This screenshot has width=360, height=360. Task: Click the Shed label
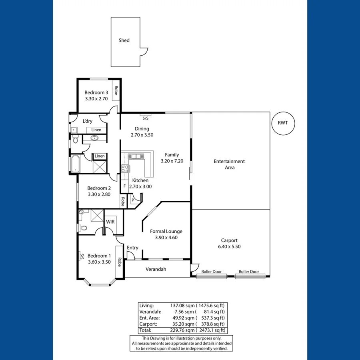124,40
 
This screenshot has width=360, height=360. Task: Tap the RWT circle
283,124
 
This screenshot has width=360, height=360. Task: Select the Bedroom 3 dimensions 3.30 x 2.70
96,98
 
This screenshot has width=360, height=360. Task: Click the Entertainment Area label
229,164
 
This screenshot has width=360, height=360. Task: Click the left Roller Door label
212,272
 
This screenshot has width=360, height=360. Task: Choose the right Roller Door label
249,272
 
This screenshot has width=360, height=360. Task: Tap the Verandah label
156,269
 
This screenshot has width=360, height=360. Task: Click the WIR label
110,222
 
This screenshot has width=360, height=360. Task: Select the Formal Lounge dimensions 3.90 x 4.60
166,238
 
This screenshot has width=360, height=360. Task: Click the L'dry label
88,121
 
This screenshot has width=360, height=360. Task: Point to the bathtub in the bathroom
75,164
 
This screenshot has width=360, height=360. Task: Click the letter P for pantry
132,200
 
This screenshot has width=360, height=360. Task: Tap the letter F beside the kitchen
124,186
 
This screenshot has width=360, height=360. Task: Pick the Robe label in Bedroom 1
119,262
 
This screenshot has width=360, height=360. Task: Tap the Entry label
132,248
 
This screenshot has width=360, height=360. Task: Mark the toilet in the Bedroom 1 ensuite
83,228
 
